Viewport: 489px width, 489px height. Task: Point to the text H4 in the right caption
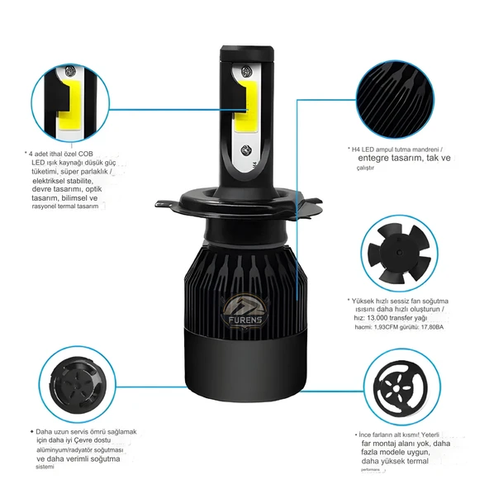358,150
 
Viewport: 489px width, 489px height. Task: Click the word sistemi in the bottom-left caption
45,468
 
